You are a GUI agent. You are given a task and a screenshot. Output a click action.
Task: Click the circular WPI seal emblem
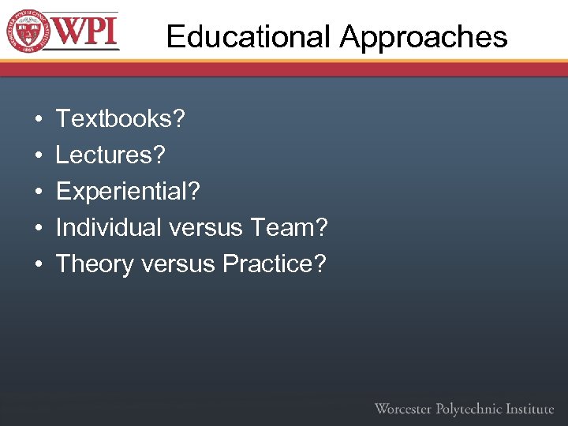(29, 32)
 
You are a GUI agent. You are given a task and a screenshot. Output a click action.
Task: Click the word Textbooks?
(121, 119)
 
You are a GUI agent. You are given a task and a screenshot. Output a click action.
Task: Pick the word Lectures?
(111, 155)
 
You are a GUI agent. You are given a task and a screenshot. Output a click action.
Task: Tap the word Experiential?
(129, 192)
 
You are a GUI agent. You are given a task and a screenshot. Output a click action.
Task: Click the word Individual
(108, 228)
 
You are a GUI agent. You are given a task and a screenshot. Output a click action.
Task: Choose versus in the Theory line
(178, 264)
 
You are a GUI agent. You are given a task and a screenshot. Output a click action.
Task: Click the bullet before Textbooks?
(39, 120)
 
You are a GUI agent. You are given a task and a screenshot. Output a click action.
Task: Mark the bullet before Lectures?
(39, 156)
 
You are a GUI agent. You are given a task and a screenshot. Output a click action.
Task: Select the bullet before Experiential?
(39, 192)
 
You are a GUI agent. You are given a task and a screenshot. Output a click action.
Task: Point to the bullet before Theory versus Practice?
(39, 265)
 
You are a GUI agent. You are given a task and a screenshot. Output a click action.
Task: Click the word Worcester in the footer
(403, 409)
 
